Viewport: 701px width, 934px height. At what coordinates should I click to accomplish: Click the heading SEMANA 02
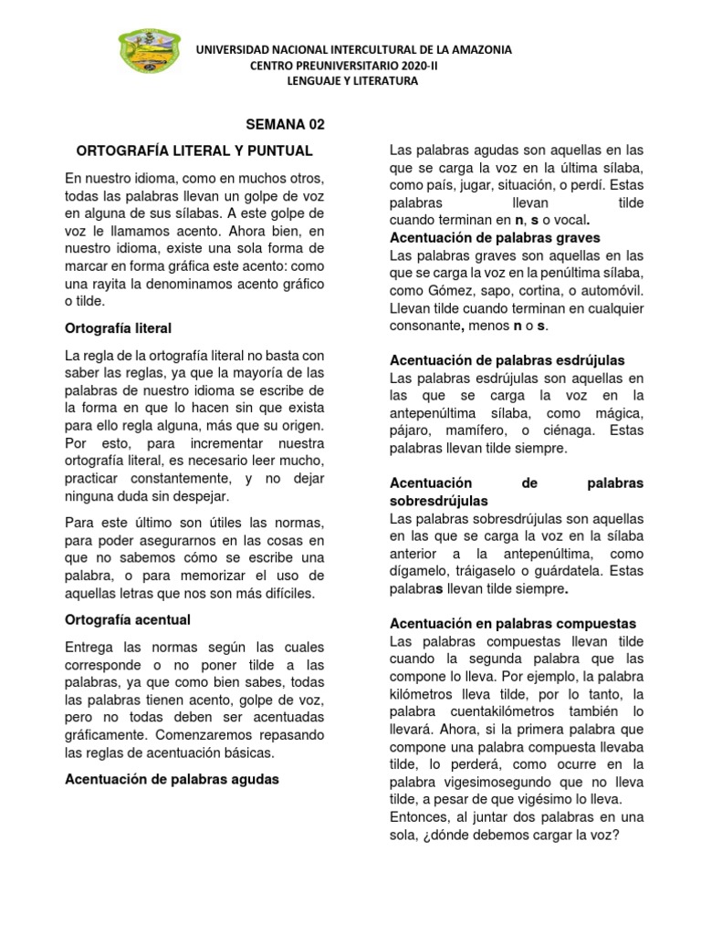coord(287,125)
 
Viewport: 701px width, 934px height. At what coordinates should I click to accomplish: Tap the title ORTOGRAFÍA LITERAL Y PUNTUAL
coord(194,150)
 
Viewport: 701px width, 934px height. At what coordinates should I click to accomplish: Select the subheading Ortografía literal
coord(119,327)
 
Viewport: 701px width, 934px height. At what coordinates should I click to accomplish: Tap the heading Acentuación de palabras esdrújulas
coord(507,360)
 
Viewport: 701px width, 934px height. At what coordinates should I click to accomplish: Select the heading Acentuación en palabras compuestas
coord(512,623)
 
